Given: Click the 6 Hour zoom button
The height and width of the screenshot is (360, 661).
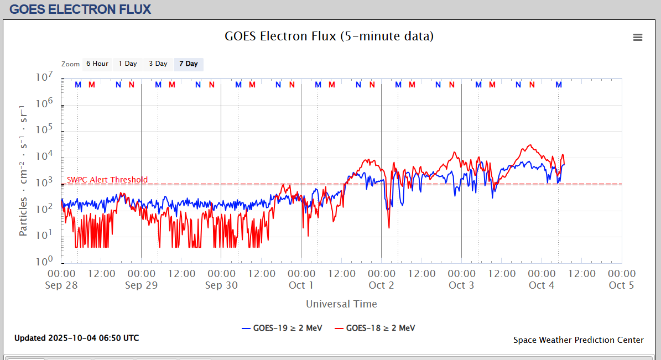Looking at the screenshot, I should coord(97,64).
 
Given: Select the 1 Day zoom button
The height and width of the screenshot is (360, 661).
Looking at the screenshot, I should coord(128,64).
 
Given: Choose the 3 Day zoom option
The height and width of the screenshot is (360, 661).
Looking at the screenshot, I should coord(158,64).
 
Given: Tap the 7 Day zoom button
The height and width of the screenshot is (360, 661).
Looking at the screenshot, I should coord(189,64).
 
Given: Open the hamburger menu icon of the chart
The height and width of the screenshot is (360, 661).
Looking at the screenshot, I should coord(638,38).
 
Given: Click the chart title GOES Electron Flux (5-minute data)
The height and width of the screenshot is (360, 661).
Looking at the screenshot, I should coord(329,36).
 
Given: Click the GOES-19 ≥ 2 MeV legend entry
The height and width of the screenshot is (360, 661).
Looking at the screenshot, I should coord(282,328).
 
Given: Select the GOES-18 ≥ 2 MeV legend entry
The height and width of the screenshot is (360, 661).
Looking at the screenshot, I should coord(374,328).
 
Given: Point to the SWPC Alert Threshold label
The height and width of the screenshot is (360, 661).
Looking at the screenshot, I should coord(107,180).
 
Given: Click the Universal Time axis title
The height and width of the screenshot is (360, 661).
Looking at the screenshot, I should coord(341,304).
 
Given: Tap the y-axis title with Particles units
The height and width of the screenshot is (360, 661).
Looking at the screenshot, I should coord(24,170).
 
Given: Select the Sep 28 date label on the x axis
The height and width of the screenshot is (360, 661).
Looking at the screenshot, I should coord(61,285).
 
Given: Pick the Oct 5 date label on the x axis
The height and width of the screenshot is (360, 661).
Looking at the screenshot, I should coord(621,285).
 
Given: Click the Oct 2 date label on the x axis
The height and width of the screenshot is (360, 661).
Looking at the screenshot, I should coord(381,285).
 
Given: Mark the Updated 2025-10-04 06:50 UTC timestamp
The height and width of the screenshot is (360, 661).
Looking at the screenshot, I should coord(76,338).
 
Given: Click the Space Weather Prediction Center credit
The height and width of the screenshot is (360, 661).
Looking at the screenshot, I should coord(578,340).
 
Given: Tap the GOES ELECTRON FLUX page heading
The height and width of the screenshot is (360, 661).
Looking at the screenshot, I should coord(80,9).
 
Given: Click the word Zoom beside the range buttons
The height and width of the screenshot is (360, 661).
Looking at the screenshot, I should coord(71,64).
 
